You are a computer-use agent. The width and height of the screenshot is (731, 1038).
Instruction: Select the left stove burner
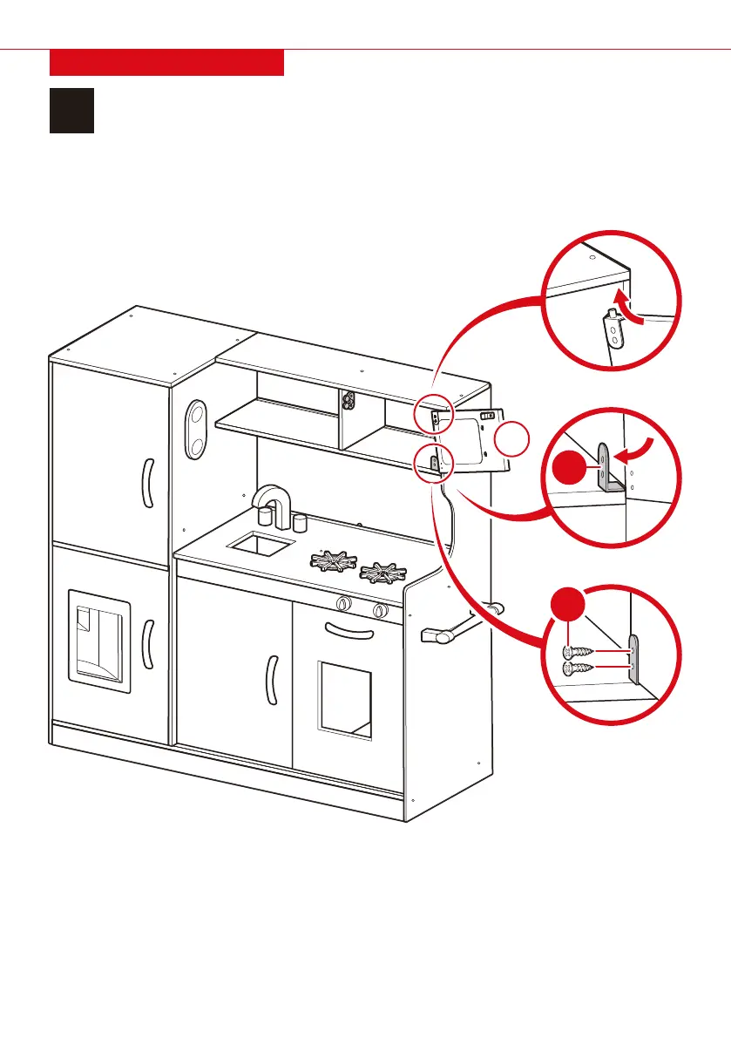click(x=331, y=562)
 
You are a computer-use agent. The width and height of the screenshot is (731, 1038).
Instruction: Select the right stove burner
click(x=382, y=574)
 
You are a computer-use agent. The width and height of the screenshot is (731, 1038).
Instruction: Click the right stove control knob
click(x=380, y=611)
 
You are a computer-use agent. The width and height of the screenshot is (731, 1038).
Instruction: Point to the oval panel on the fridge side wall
click(x=197, y=429)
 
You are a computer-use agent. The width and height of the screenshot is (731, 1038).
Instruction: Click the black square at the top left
click(x=71, y=110)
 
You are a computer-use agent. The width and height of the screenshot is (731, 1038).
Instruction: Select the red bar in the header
click(x=166, y=63)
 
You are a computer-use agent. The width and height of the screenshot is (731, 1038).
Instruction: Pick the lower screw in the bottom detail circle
click(x=579, y=668)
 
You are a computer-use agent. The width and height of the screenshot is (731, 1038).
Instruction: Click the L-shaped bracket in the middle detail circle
click(x=609, y=471)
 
